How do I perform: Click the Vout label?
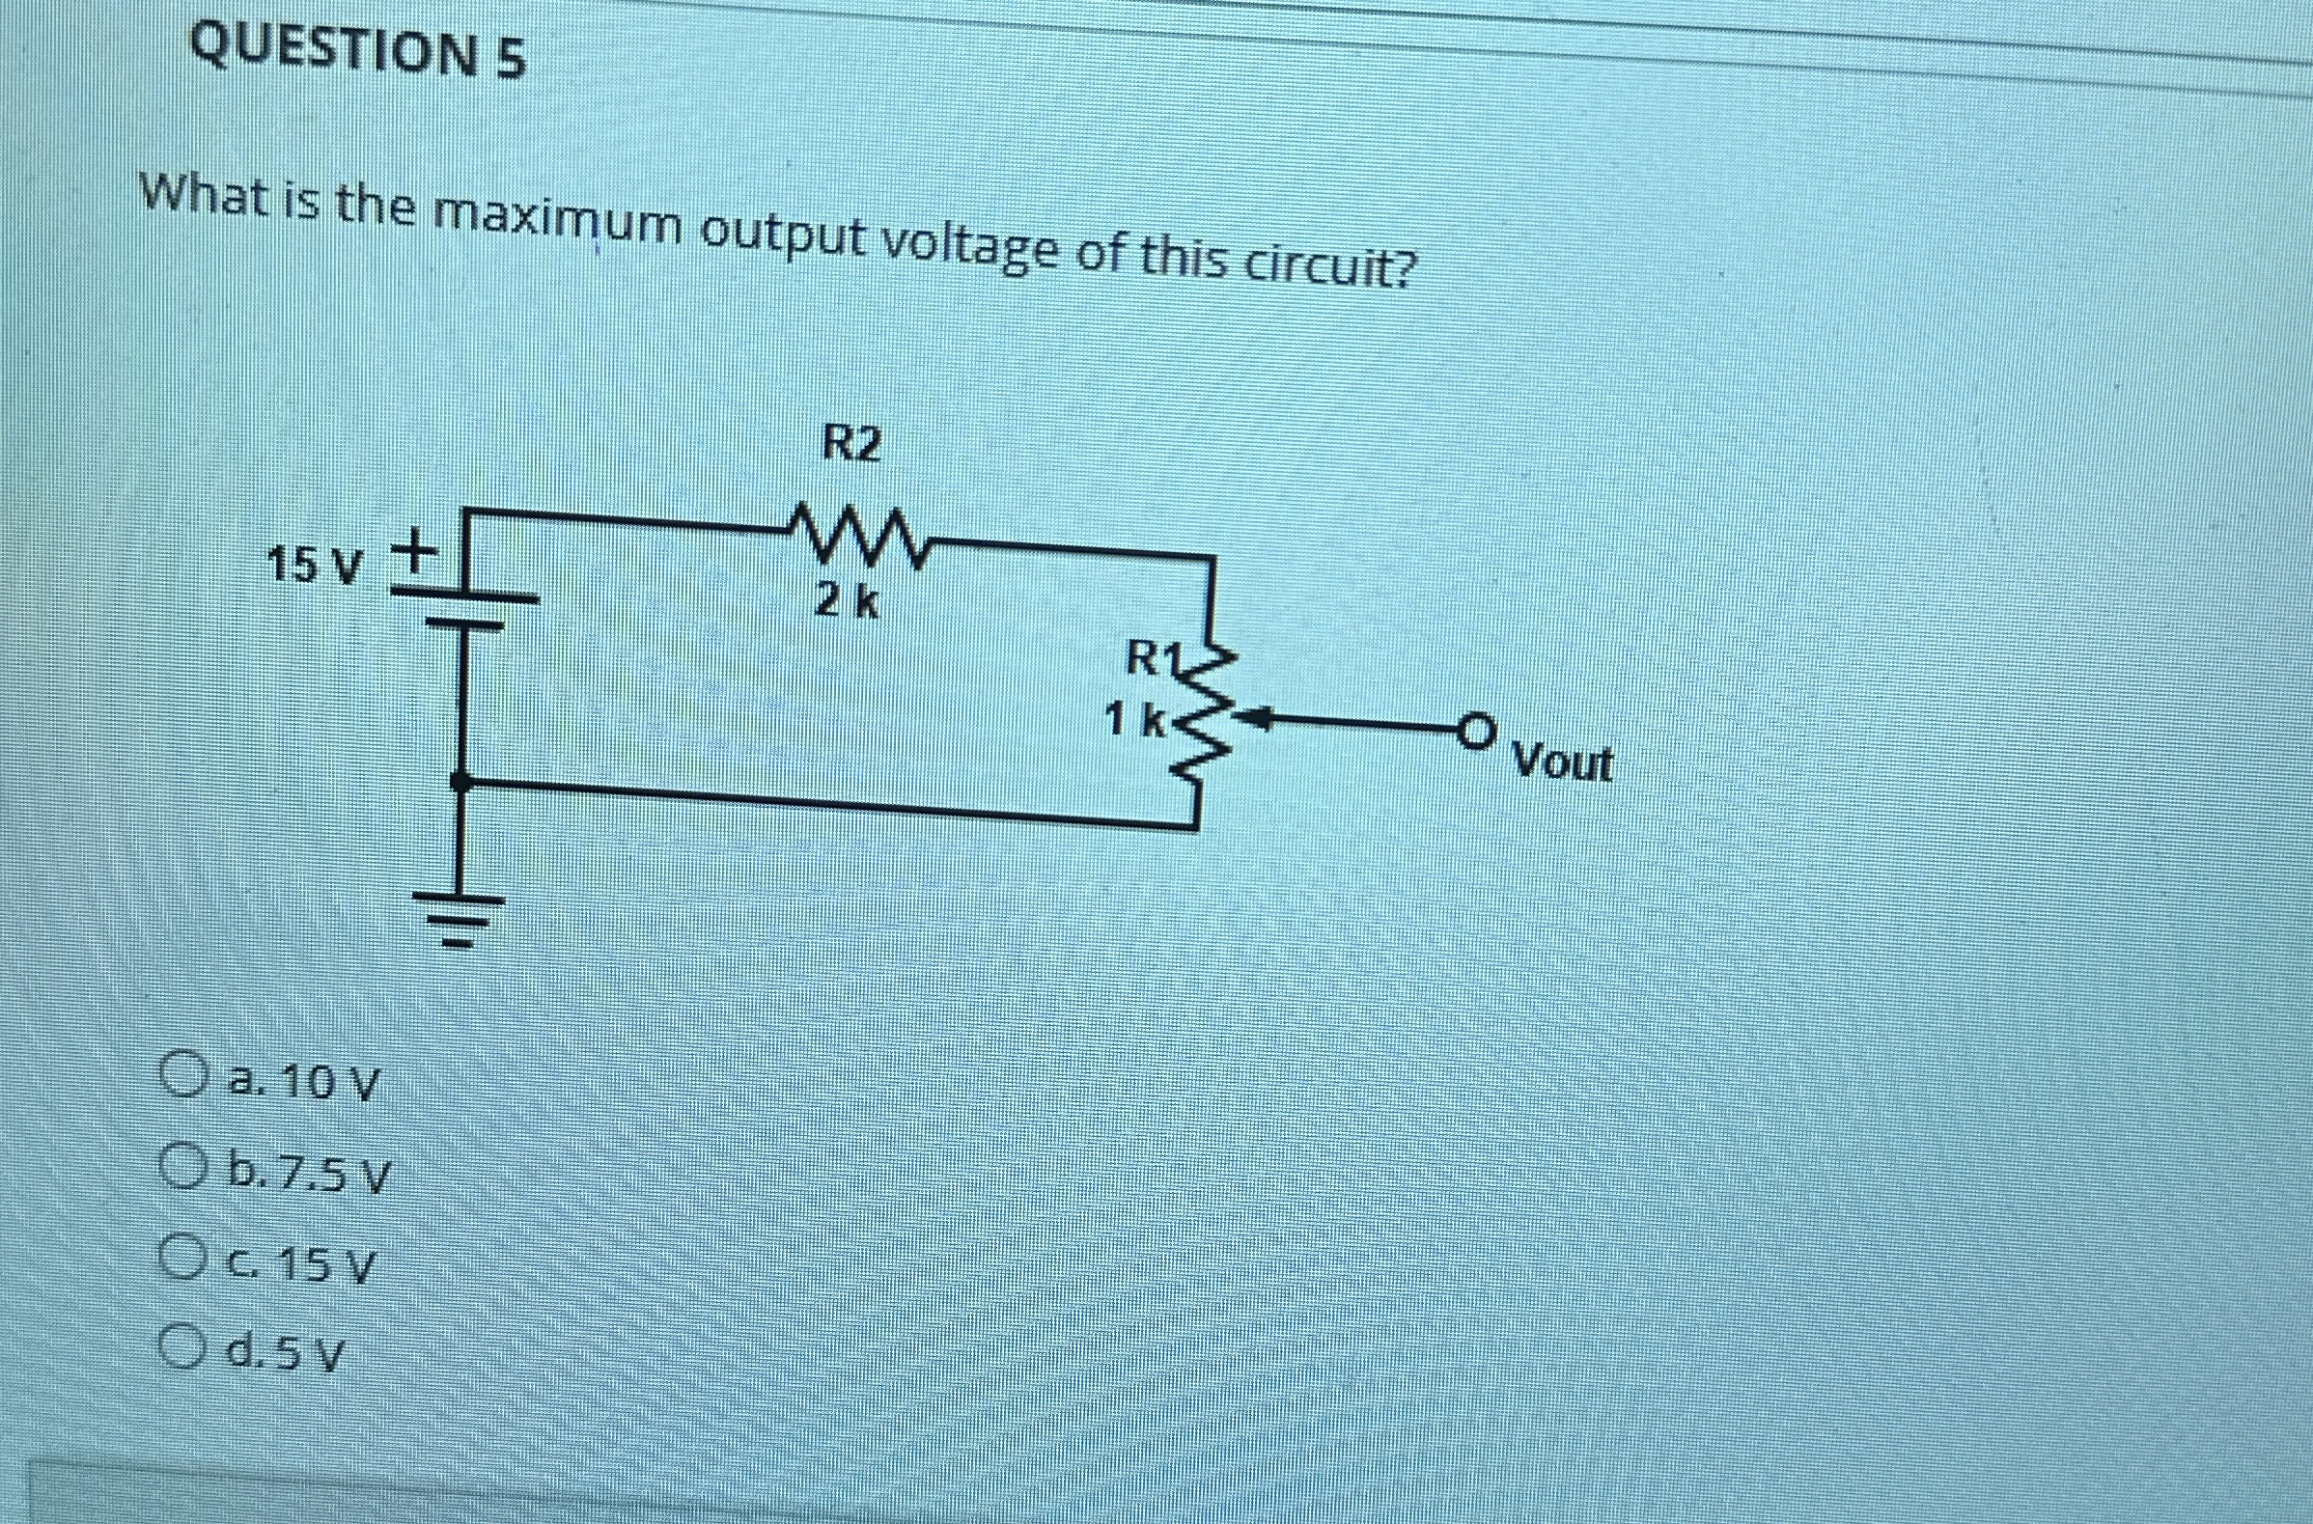(1563, 764)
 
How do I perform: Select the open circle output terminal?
(1475, 729)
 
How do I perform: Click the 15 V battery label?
(313, 564)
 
